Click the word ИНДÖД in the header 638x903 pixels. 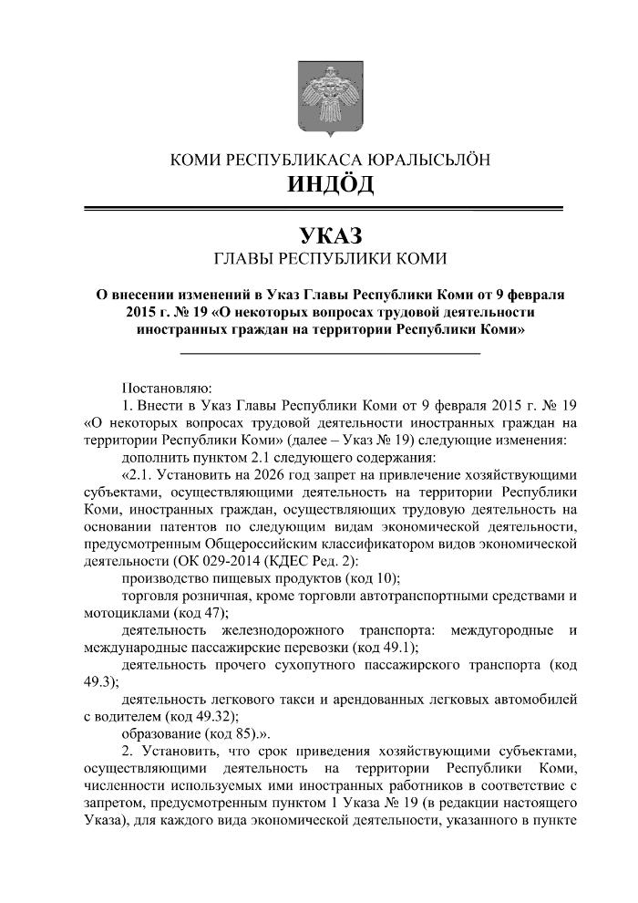[x=330, y=185]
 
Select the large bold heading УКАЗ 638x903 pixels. [x=330, y=234]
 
